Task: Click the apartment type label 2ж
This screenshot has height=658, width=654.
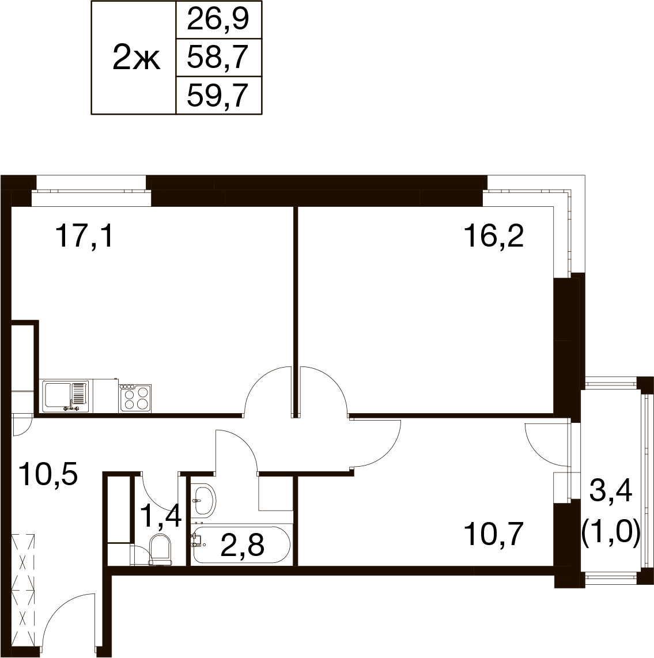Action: click(x=136, y=58)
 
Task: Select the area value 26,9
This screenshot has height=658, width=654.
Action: click(x=218, y=20)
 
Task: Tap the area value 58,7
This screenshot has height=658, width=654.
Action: click(x=218, y=58)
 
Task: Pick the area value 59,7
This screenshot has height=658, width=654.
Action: click(x=218, y=95)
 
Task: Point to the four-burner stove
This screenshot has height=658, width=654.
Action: click(x=136, y=398)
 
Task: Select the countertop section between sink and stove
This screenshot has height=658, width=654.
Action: click(x=105, y=396)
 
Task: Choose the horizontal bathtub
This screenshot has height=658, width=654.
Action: click(x=241, y=544)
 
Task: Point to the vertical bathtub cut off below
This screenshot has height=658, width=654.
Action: click(x=243, y=619)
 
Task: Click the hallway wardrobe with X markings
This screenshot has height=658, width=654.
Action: click(x=23, y=591)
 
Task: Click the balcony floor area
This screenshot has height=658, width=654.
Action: click(x=611, y=481)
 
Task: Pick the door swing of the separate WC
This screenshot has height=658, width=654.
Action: click(x=157, y=493)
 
